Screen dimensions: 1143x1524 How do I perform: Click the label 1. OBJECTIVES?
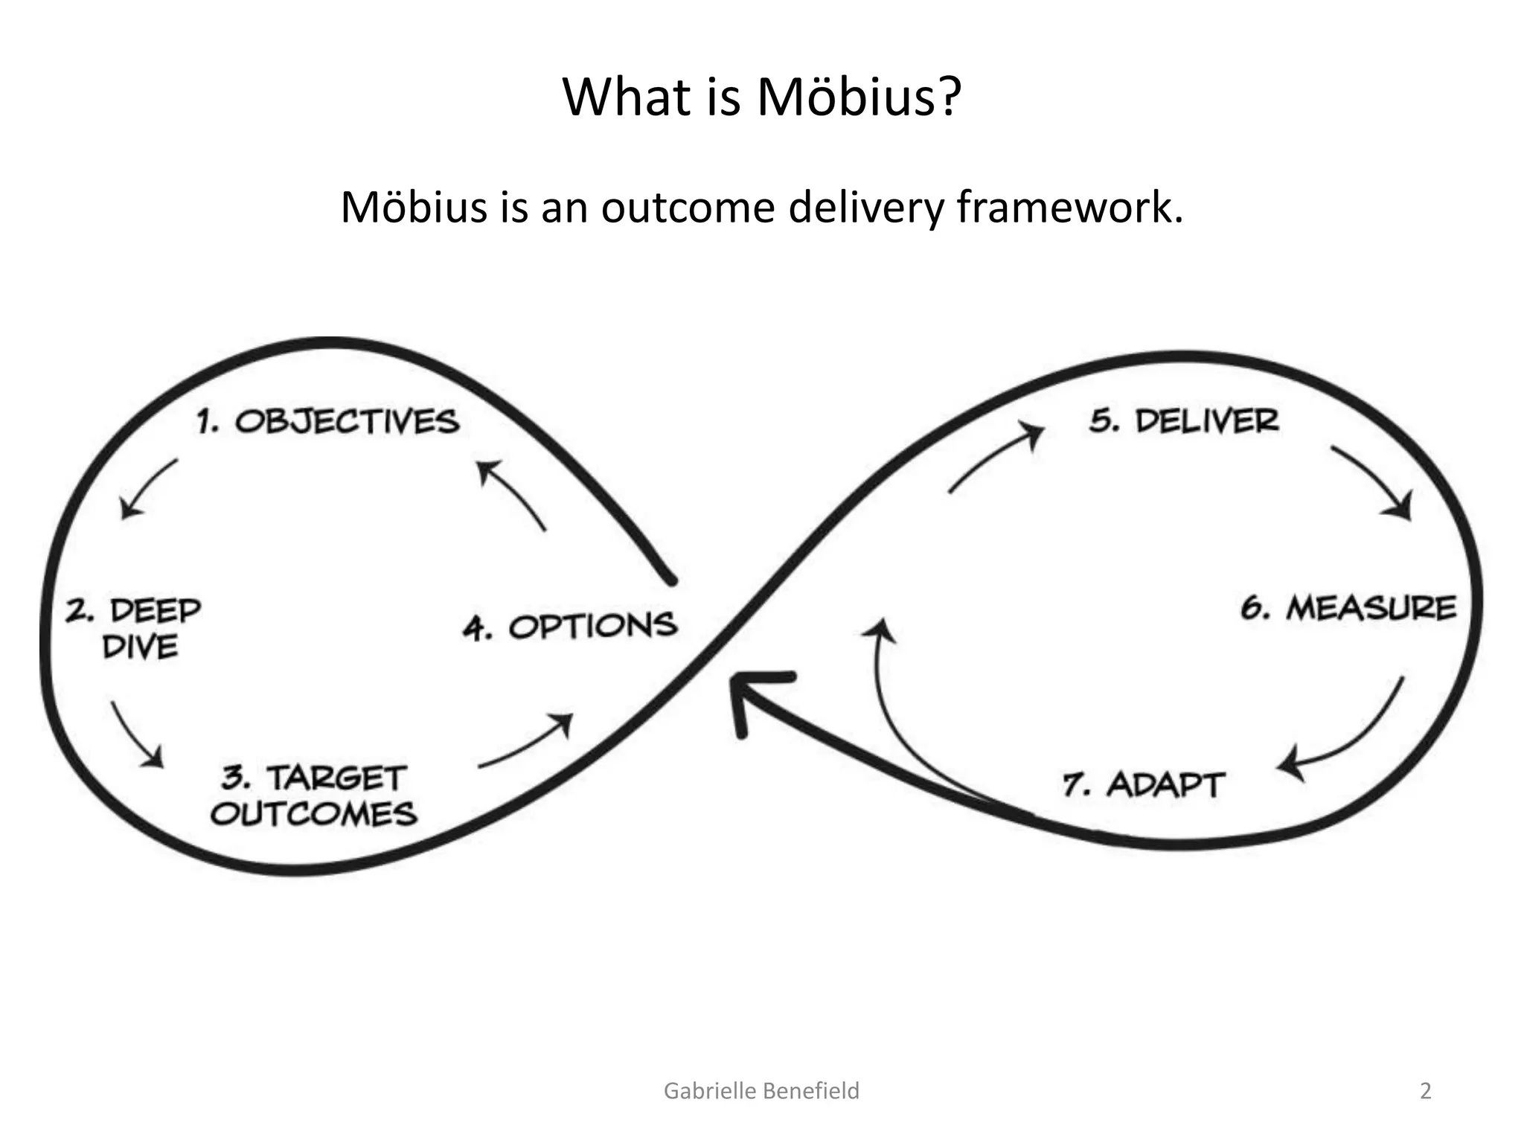coord(328,422)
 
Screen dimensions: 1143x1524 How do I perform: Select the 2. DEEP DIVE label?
coord(134,629)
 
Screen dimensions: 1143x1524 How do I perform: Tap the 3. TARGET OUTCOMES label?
coord(314,796)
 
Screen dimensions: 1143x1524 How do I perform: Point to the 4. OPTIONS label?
coord(569,627)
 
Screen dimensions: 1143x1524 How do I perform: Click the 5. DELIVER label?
coord(1184,421)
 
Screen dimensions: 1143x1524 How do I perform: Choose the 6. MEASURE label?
coord(1348,609)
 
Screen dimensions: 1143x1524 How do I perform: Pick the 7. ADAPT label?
coord(1143,785)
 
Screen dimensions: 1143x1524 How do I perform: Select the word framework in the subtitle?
coord(1069,208)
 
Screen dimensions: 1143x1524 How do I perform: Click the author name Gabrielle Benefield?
coord(761,1091)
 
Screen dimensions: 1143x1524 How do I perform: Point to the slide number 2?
coord(1425,1091)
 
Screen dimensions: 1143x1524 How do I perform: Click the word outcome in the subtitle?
coord(688,208)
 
